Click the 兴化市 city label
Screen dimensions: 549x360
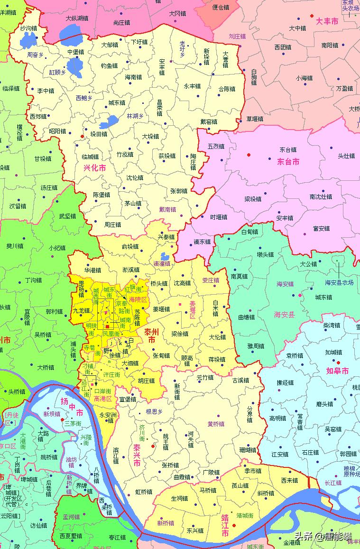94,167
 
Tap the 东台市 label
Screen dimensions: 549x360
288,162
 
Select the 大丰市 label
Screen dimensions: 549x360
327,21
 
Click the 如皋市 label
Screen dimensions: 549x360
337,371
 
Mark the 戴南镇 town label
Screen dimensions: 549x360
167,209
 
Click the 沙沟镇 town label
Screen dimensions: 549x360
28,28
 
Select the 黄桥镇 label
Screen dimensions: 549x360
216,424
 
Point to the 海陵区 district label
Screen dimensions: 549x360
138,300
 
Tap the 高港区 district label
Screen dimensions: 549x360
102,399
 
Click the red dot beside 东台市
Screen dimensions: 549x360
249,155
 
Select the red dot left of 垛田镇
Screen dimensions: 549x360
82,136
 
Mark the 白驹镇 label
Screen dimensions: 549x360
254,76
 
